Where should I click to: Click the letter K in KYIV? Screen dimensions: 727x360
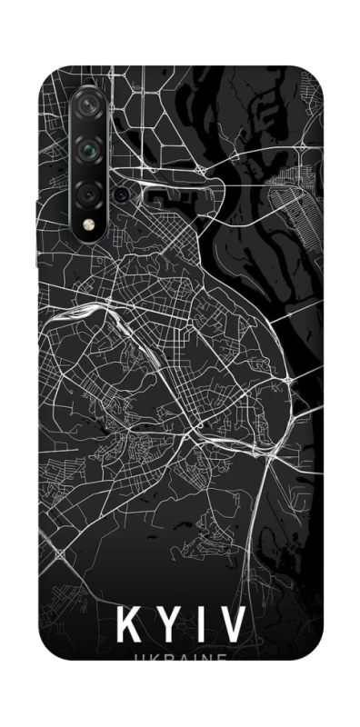129,626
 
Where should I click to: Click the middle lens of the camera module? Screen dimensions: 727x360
89,147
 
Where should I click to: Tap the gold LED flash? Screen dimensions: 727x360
89,224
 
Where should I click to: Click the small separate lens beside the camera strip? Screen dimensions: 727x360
120,193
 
